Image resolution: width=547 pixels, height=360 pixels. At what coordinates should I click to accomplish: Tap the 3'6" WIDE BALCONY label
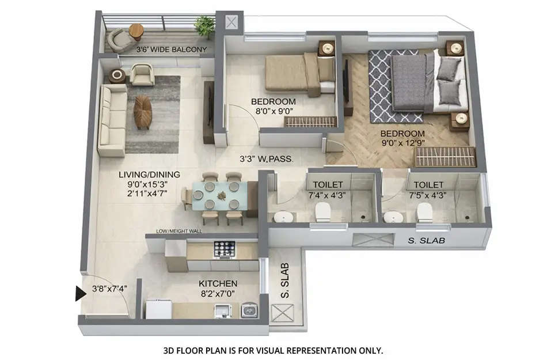click(x=171, y=50)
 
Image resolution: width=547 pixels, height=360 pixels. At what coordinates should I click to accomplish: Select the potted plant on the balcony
click(x=204, y=26)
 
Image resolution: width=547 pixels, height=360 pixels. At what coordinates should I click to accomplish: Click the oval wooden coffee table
click(x=143, y=111)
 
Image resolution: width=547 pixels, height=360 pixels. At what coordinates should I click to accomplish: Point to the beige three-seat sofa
click(x=112, y=120)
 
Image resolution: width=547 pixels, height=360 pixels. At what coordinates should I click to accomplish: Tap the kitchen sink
click(x=249, y=311)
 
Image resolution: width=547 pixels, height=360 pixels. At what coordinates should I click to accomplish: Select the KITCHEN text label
click(x=218, y=283)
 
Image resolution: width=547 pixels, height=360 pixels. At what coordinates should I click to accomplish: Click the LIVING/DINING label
click(x=150, y=175)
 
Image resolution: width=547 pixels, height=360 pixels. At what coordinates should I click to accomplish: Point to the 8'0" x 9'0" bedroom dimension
click(x=273, y=113)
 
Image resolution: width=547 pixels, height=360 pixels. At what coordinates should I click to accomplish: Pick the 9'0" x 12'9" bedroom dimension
click(x=402, y=144)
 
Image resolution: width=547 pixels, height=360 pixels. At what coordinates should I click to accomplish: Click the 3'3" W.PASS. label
click(x=268, y=158)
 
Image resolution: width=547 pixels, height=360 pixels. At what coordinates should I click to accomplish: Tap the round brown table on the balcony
click(x=136, y=30)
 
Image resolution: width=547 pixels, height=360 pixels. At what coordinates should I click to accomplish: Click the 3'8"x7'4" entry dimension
click(x=109, y=289)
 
